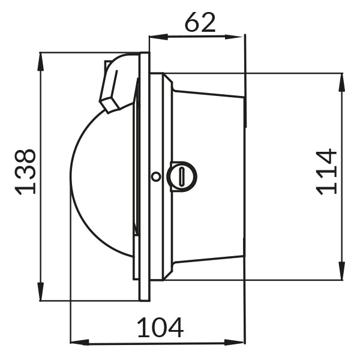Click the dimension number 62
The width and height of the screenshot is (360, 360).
(200, 22)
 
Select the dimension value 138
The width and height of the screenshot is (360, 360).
(25, 172)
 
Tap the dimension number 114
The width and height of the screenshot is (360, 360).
(326, 172)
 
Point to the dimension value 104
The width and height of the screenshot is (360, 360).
(160, 328)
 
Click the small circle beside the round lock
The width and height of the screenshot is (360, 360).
(156, 176)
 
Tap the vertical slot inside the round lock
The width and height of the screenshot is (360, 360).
(182, 176)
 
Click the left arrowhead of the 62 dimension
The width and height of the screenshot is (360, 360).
(158, 37)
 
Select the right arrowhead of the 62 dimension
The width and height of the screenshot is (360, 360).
(234, 37)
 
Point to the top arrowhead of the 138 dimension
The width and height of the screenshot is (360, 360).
(41, 62)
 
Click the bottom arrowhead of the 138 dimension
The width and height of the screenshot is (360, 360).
(41, 292)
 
